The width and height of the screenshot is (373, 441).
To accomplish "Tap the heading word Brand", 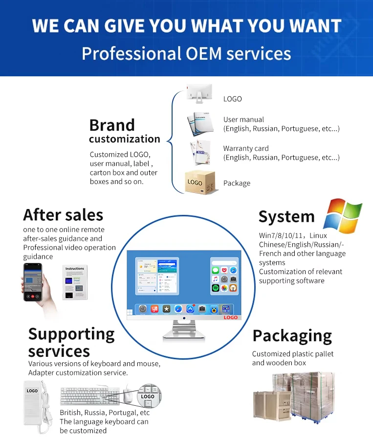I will tap(112, 125).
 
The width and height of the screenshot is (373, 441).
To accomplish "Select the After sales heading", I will tap(63, 215).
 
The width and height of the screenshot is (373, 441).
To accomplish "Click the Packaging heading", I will tap(292, 336).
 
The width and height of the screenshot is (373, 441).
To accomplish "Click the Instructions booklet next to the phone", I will tap(75, 282).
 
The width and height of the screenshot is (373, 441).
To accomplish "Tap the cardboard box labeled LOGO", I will tap(199, 182).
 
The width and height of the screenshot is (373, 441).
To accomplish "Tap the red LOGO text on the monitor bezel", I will tap(230, 318).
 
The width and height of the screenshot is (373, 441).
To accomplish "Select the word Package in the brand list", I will tap(237, 184).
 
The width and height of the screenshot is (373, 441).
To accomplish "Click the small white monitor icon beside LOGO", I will tap(199, 93).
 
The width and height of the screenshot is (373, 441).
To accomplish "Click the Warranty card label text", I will tap(246, 148).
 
